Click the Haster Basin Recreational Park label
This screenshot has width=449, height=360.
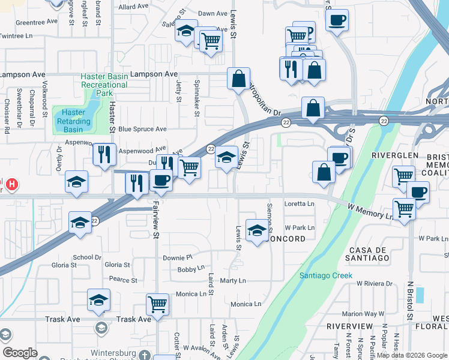pyautogui.click(x=104, y=85)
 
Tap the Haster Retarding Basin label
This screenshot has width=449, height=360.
pyautogui.click(x=73, y=121)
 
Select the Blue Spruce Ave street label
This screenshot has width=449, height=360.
pyautogui.click(x=142, y=129)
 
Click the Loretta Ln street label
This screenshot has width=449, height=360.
pyautogui.click(x=299, y=204)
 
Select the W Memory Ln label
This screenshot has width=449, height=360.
pyautogui.click(x=370, y=210)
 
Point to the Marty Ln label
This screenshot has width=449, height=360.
pyautogui.click(x=233, y=281)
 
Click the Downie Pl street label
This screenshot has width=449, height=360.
pyautogui.click(x=176, y=257)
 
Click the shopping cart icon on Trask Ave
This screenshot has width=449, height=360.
pyautogui.click(x=157, y=304)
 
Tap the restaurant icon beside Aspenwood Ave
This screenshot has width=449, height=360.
pyautogui.click(x=104, y=154)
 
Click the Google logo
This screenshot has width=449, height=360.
pyautogui.click(x=19, y=353)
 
